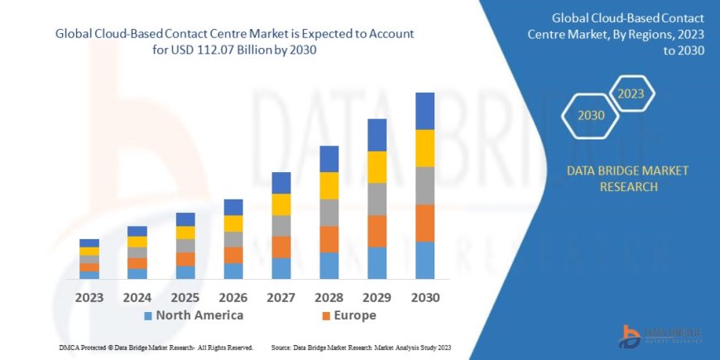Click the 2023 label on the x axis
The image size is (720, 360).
coord(89,297)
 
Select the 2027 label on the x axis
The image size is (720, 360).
coord(281,297)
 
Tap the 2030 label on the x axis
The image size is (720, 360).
coord(425,297)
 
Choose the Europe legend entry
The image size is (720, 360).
coord(349,315)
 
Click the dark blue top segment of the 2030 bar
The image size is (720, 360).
coord(425,111)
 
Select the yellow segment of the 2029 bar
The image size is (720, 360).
coord(377,167)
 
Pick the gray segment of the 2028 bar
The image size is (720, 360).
coord(329,213)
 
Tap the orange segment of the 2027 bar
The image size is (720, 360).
coord(281,247)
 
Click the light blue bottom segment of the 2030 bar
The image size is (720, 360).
coord(425,260)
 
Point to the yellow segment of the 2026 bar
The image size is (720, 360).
coord(233,223)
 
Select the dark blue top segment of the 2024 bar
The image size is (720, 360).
coord(137,231)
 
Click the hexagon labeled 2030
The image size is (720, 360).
coord(591,116)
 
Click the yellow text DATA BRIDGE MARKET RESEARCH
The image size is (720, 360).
coord(627,178)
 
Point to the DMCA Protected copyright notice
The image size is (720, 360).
coord(156,348)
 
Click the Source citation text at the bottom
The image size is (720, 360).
coord(360,348)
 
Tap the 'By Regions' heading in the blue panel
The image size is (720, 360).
coord(629,35)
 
